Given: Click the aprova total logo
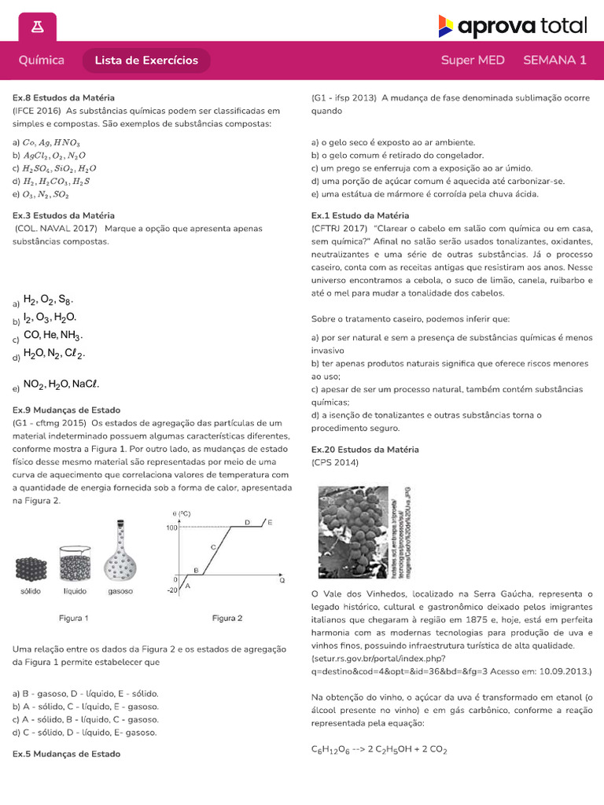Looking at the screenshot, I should [x=512, y=27].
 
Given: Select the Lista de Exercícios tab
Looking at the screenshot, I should [x=146, y=61].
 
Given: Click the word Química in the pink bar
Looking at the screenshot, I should [x=41, y=61].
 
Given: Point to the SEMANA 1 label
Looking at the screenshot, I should [x=554, y=61].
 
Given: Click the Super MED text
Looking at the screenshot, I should [x=473, y=61].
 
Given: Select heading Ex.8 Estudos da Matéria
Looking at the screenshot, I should [x=64, y=98].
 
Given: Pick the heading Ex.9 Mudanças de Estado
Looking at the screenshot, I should [x=67, y=410].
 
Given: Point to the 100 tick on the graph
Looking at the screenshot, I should [x=172, y=527].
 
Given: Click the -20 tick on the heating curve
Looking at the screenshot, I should [x=171, y=591].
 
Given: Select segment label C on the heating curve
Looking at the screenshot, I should [x=212, y=546].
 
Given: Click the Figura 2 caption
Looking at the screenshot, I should [x=227, y=618].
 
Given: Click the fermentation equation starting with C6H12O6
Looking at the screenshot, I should [x=379, y=750].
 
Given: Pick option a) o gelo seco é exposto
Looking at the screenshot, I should [x=393, y=142].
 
